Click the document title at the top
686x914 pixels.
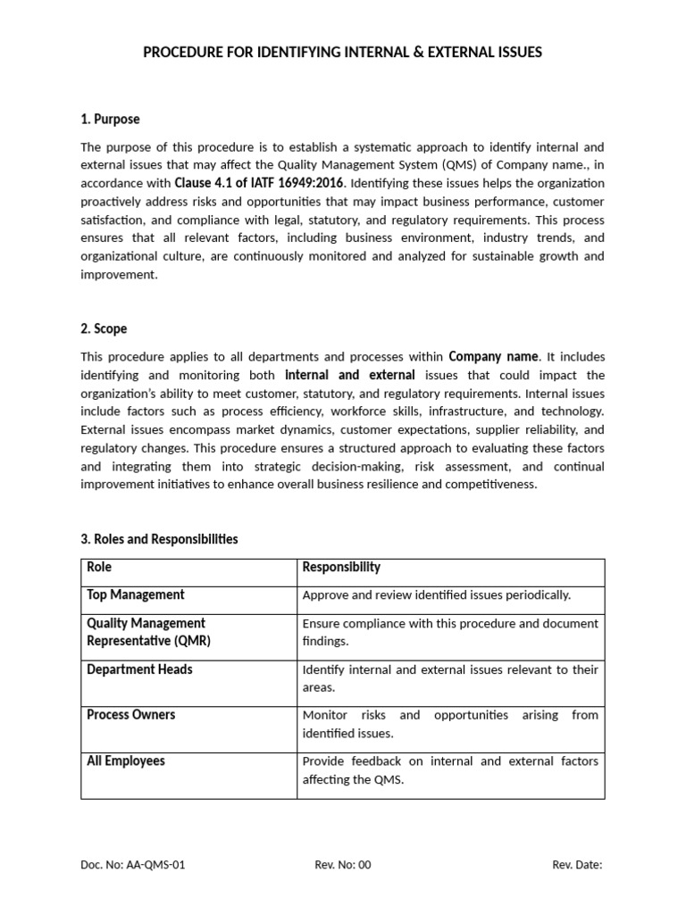tap(343, 53)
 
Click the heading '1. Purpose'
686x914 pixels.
tap(110, 119)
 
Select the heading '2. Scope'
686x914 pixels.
tap(104, 328)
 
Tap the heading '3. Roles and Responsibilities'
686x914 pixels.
tap(159, 539)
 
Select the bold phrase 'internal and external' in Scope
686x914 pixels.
tap(350, 375)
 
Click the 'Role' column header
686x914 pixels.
tap(99, 568)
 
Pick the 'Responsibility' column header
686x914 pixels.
tap(341, 568)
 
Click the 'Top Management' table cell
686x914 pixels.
tap(136, 594)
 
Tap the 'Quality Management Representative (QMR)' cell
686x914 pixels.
tap(146, 632)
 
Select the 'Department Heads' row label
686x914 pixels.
tap(139, 669)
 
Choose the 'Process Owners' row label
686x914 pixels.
tap(130, 715)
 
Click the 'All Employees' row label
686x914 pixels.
tap(126, 761)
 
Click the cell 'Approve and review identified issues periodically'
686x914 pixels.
tap(437, 595)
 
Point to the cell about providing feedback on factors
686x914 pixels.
tap(450, 770)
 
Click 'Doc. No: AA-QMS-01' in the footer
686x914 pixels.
tap(133, 865)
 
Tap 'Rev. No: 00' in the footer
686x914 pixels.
tap(343, 865)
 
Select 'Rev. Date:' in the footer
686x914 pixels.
tap(577, 865)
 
